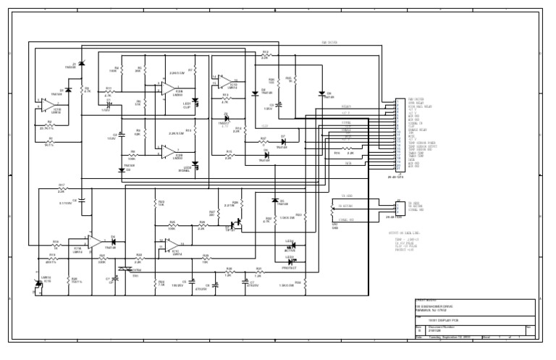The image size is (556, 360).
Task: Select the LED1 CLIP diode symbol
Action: click(x=194, y=102)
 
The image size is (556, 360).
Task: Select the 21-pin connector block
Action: click(x=399, y=134)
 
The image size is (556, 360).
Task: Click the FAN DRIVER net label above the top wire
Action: click(x=329, y=43)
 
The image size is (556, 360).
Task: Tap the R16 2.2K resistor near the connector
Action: click(x=337, y=153)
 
